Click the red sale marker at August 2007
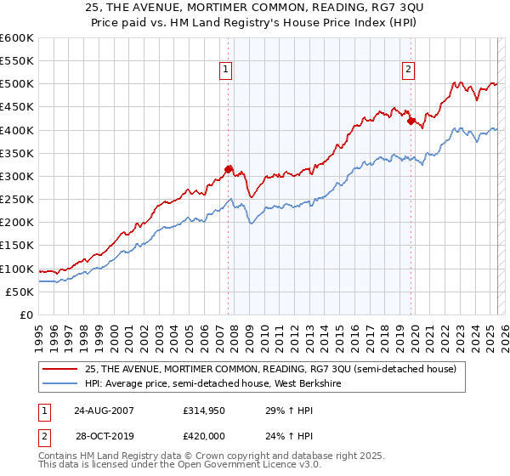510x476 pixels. (x=228, y=169)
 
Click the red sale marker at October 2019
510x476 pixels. (x=411, y=121)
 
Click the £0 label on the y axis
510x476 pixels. (x=28, y=315)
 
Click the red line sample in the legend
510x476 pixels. (x=60, y=368)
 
